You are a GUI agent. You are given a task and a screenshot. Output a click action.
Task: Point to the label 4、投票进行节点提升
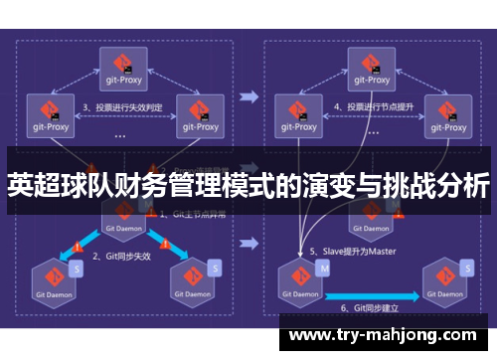coord(374,106)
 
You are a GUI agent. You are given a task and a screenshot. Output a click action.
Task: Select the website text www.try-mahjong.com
coord(386,335)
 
